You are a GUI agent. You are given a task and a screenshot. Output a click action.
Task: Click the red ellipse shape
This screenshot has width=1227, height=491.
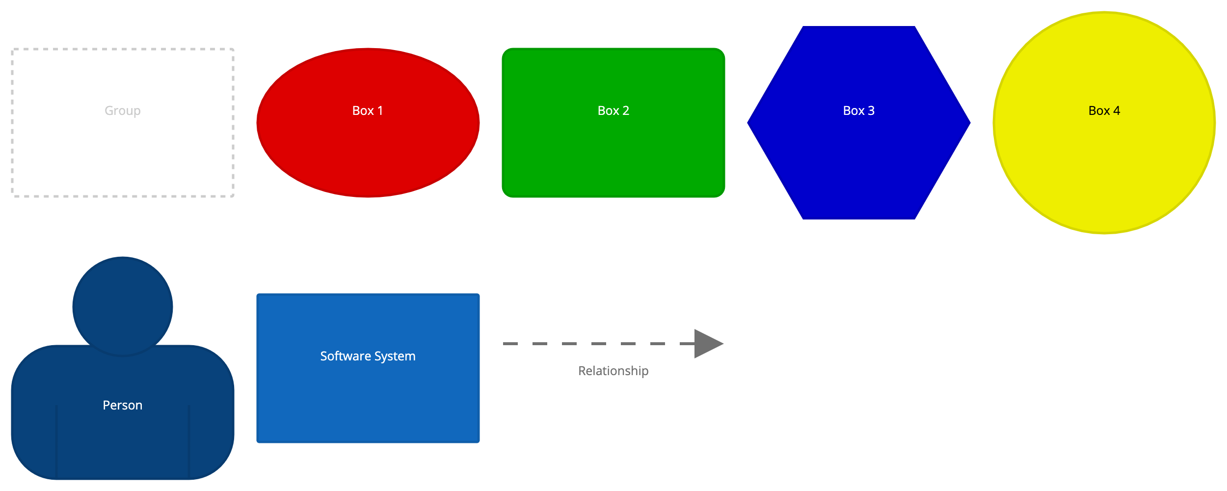point(368,147)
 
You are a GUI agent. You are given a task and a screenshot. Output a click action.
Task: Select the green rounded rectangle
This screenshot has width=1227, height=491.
point(613,152)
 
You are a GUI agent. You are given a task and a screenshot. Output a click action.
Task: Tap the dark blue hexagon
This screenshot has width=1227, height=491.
point(859,157)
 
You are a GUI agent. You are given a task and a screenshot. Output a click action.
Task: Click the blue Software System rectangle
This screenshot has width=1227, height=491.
point(368,398)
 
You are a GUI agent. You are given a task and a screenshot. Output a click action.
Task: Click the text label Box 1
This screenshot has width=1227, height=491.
point(368,111)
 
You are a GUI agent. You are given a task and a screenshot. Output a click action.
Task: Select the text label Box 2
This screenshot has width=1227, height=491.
point(613,111)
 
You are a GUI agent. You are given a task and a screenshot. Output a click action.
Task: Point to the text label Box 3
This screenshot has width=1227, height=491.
point(859,111)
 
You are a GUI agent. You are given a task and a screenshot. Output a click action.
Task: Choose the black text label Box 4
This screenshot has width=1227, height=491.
point(1104,111)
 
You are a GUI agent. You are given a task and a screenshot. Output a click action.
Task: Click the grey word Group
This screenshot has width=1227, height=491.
point(123,111)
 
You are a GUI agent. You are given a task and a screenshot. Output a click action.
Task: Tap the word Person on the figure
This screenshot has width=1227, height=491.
point(123,406)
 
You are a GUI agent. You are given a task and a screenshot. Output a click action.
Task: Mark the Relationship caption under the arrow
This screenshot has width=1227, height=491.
point(613,371)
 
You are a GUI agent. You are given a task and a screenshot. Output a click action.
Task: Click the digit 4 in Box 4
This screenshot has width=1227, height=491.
point(1117,111)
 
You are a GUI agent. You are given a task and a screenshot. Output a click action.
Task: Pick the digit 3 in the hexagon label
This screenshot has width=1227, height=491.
point(871,111)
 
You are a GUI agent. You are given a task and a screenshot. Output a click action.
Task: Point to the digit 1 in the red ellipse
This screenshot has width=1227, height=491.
point(380,111)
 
